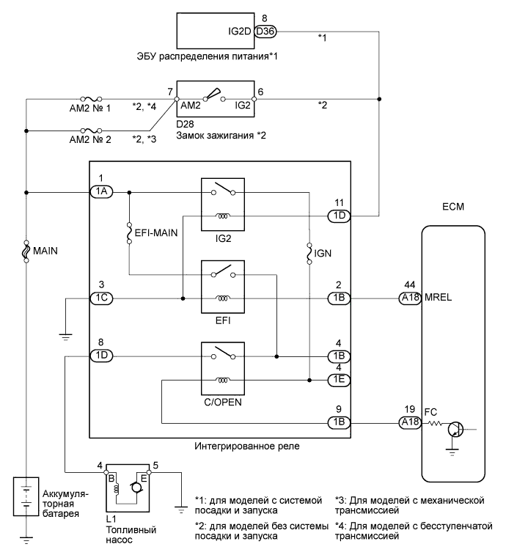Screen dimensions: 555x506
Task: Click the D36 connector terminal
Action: [263, 32]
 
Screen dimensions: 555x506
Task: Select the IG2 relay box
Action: [223, 205]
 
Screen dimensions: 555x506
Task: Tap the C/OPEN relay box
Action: [223, 370]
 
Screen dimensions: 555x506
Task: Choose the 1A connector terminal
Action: [101, 192]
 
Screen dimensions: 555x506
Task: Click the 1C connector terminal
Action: [101, 298]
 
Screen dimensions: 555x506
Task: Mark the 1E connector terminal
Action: [338, 380]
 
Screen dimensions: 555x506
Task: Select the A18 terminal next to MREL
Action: [408, 298]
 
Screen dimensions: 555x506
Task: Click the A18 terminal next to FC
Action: [408, 422]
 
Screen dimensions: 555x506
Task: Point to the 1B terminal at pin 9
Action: [338, 422]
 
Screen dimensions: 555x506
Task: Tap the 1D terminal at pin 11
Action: [338, 216]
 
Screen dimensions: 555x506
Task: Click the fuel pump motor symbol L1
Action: [129, 488]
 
